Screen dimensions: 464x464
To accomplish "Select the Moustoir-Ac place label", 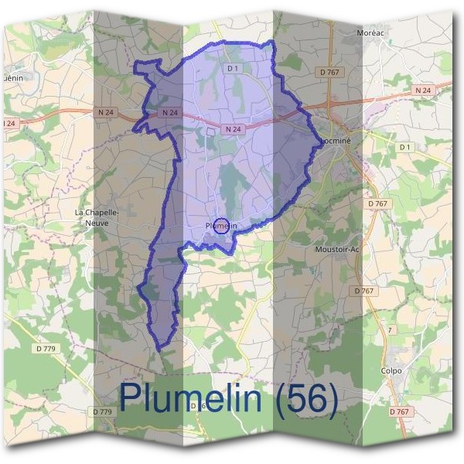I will click(x=338, y=250).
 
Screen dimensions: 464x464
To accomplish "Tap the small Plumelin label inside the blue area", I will click(x=220, y=226).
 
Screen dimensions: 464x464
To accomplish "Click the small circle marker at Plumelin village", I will click(x=220, y=226).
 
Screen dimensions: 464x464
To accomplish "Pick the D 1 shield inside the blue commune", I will click(x=232, y=69).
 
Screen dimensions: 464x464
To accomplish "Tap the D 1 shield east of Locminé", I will click(x=405, y=146).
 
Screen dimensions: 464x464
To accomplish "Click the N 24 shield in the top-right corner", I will click(x=421, y=90).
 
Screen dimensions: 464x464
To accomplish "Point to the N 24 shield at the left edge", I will click(x=9, y=123).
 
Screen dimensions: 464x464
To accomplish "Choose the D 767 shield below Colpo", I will click(x=399, y=411).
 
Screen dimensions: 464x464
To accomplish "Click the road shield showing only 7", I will click(x=390, y=329).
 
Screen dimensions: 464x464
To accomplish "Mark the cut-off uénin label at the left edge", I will click(x=11, y=77).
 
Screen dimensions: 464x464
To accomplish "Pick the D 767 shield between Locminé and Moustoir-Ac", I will click(x=377, y=203).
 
